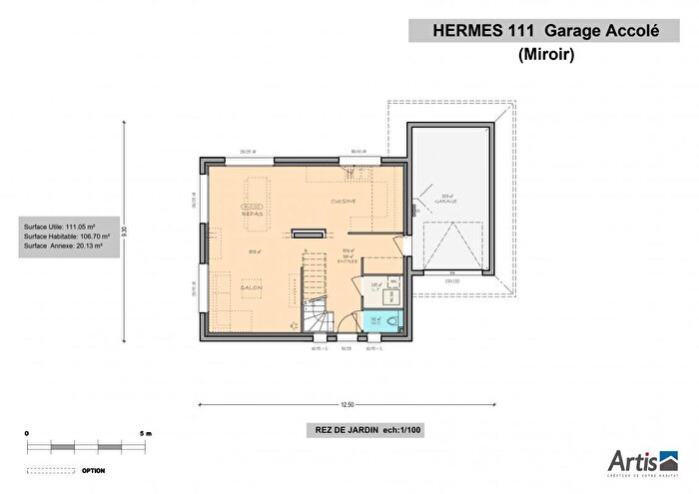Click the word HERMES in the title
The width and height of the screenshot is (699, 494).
tap(465, 31)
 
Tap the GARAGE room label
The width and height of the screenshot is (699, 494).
tap(445, 202)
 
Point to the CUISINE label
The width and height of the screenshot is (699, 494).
tap(345, 202)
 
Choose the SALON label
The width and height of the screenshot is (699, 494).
tap(251, 286)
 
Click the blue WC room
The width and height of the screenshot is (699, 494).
tap(380, 320)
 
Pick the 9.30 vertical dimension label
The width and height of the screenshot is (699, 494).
tap(124, 230)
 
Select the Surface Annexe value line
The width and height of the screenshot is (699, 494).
tap(65, 246)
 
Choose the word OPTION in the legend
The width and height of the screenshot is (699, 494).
tap(95, 469)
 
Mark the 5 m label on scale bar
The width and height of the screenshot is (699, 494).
tap(146, 434)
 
